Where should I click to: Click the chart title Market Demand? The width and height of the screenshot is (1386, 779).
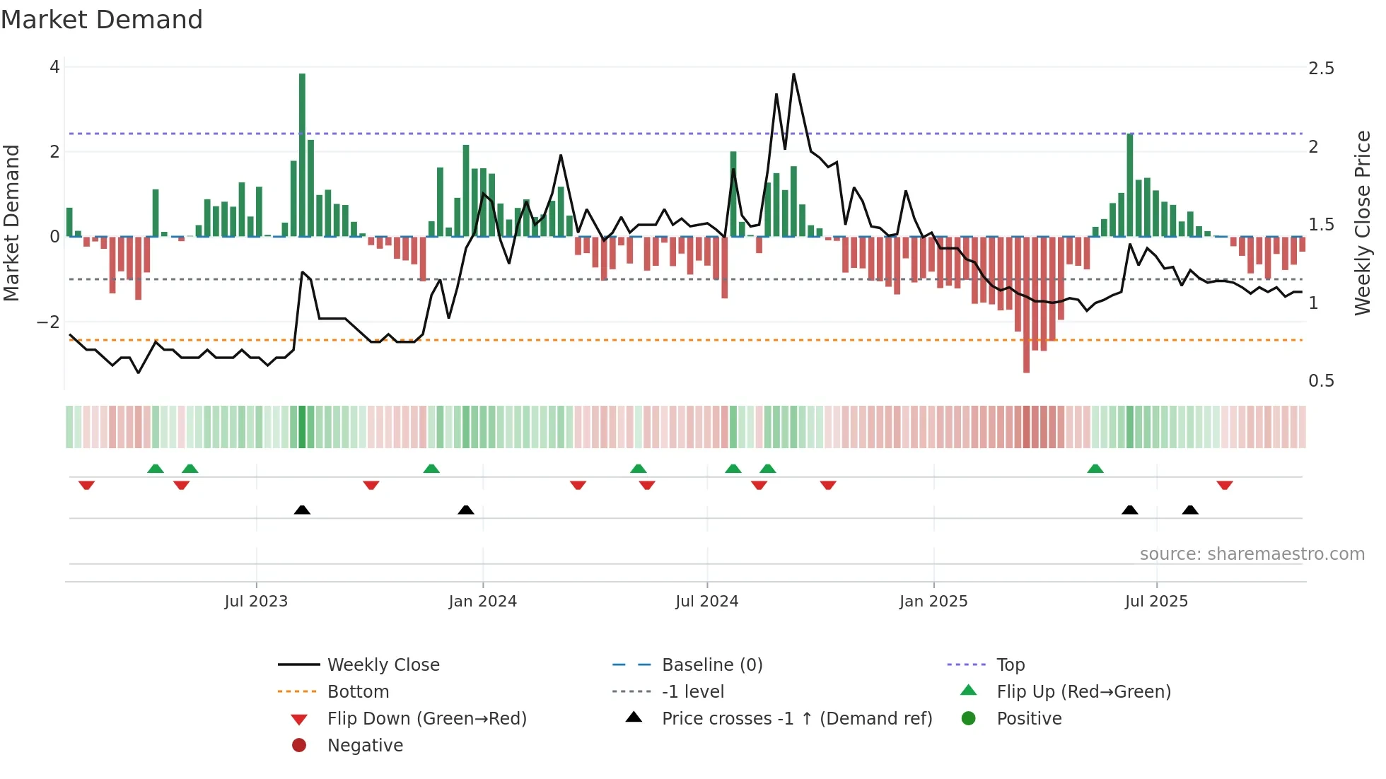pyautogui.click(x=102, y=20)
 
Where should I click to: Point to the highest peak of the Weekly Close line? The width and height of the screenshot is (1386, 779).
pyautogui.click(x=793, y=74)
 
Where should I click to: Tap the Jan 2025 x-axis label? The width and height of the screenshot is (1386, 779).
pyautogui.click(x=933, y=602)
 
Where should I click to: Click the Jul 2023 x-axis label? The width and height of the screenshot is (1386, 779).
pyautogui.click(x=256, y=602)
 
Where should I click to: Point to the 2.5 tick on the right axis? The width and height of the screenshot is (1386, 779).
pyautogui.click(x=1321, y=69)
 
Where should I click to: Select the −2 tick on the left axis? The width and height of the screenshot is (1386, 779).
pyautogui.click(x=48, y=322)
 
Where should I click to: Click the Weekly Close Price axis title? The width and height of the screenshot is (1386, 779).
pyautogui.click(x=1362, y=223)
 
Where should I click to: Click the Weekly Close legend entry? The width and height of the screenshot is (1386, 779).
pyautogui.click(x=383, y=665)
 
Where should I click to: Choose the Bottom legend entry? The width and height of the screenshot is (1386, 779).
pyautogui.click(x=358, y=692)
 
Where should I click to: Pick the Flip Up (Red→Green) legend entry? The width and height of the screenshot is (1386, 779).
pyautogui.click(x=1083, y=692)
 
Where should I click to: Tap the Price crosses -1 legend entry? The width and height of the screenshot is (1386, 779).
pyautogui.click(x=796, y=719)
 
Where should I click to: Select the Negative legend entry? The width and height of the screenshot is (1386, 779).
pyautogui.click(x=365, y=746)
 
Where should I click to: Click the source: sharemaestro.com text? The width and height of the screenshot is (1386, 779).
pyautogui.click(x=1252, y=554)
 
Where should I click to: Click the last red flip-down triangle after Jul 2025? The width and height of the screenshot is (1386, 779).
pyautogui.click(x=1225, y=485)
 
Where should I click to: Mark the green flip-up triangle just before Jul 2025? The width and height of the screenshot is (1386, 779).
pyautogui.click(x=1095, y=469)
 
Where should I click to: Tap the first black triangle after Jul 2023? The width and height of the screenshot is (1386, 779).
pyautogui.click(x=302, y=510)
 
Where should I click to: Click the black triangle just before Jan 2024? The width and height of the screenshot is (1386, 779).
pyautogui.click(x=465, y=510)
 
